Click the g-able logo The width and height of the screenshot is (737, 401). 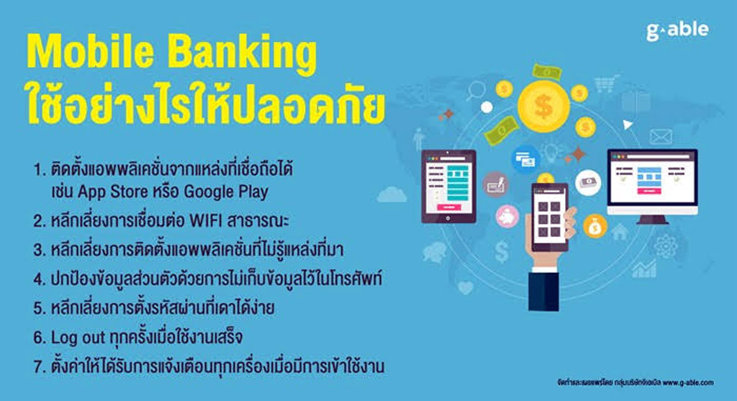pyautogui.click(x=677, y=30)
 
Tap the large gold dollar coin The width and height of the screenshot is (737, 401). pyautogui.click(x=543, y=104)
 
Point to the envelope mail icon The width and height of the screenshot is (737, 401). pyautogui.click(x=660, y=137)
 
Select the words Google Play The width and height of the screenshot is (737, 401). pyautogui.click(x=226, y=192)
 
